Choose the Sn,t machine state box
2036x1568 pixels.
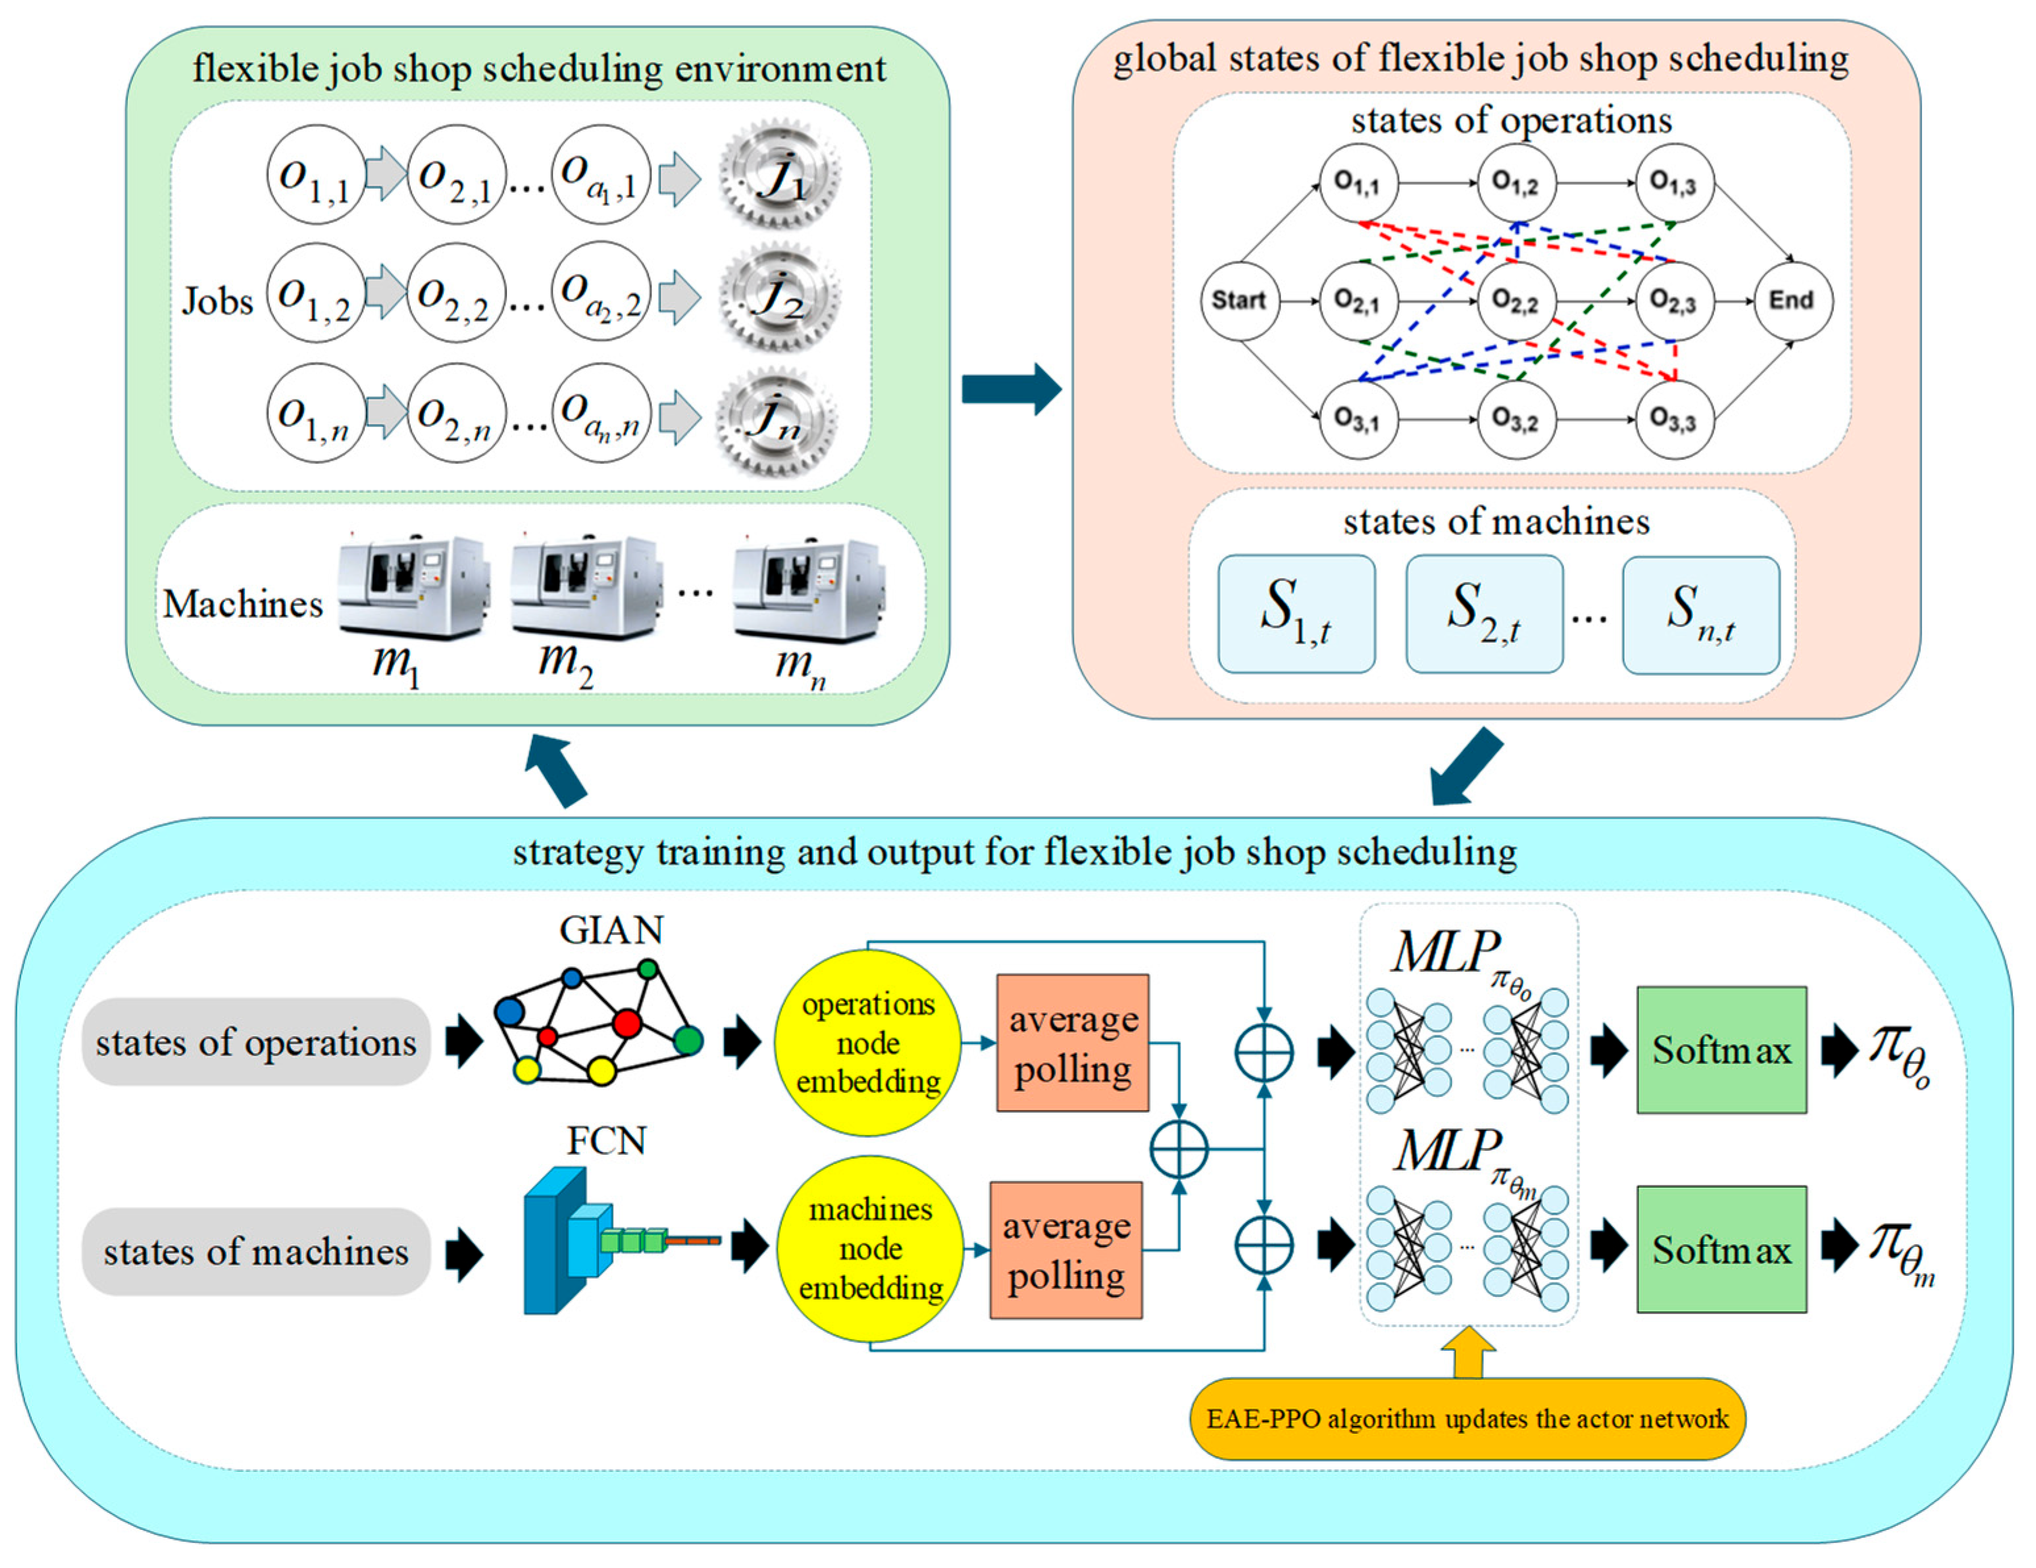coord(1700,615)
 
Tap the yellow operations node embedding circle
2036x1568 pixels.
coord(868,1042)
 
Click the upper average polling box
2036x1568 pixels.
coord(1073,1042)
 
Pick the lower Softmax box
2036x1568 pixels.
coord(1722,1249)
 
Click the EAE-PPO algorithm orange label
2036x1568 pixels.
coord(1467,1418)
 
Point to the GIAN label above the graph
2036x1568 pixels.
coord(611,930)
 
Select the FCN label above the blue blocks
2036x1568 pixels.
coord(607,1140)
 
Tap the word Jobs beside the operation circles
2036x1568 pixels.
coord(217,301)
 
